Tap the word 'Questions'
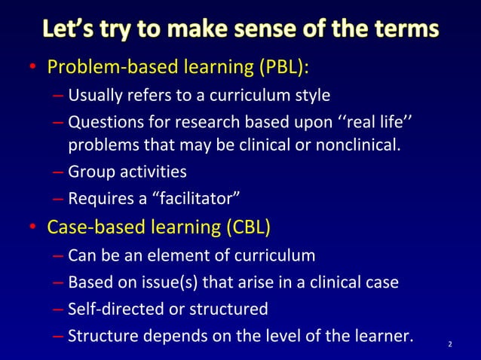pos(102,121)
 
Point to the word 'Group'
pos(89,172)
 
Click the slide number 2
pos(450,345)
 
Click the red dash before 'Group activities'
pos(59,172)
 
